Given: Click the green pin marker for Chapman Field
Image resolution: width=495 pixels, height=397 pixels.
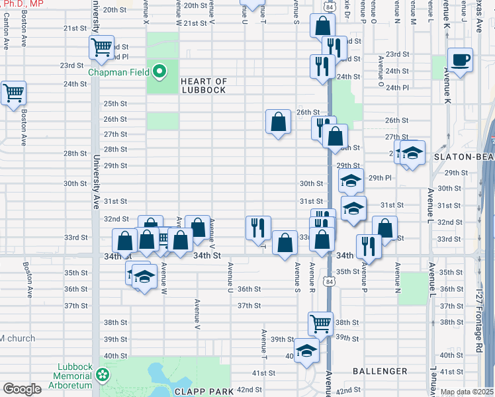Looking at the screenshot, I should (159, 70).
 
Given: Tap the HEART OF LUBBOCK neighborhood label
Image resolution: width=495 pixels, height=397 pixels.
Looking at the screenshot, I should (204, 86).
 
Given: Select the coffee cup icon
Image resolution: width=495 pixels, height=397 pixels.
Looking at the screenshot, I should (460, 60).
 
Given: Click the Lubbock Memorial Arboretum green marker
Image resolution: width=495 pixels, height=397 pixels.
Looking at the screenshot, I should (103, 376).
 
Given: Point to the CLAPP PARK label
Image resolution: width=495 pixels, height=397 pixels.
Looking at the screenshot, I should (203, 392).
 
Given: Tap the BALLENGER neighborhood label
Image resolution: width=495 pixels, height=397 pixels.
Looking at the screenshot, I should (380, 371).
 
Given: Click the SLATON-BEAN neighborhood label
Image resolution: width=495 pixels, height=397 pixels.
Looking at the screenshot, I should (463, 157).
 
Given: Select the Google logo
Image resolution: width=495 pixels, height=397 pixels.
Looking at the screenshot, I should (21, 389).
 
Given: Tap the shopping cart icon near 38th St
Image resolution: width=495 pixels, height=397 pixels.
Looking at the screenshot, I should (320, 324).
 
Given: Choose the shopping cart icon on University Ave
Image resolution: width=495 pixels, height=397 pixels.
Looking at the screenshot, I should (102, 48).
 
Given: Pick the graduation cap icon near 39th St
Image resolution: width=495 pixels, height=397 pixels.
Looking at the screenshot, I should (306, 350).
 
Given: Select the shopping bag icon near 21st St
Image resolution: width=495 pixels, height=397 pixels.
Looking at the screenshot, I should (323, 27).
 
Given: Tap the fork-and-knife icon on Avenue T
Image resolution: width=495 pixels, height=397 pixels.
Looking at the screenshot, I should (258, 227).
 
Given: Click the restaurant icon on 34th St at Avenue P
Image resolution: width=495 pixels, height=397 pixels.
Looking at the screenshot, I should (369, 246).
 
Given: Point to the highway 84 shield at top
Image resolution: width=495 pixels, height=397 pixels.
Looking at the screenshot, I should (330, 6).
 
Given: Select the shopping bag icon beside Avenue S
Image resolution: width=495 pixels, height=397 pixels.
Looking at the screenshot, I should (285, 243).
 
